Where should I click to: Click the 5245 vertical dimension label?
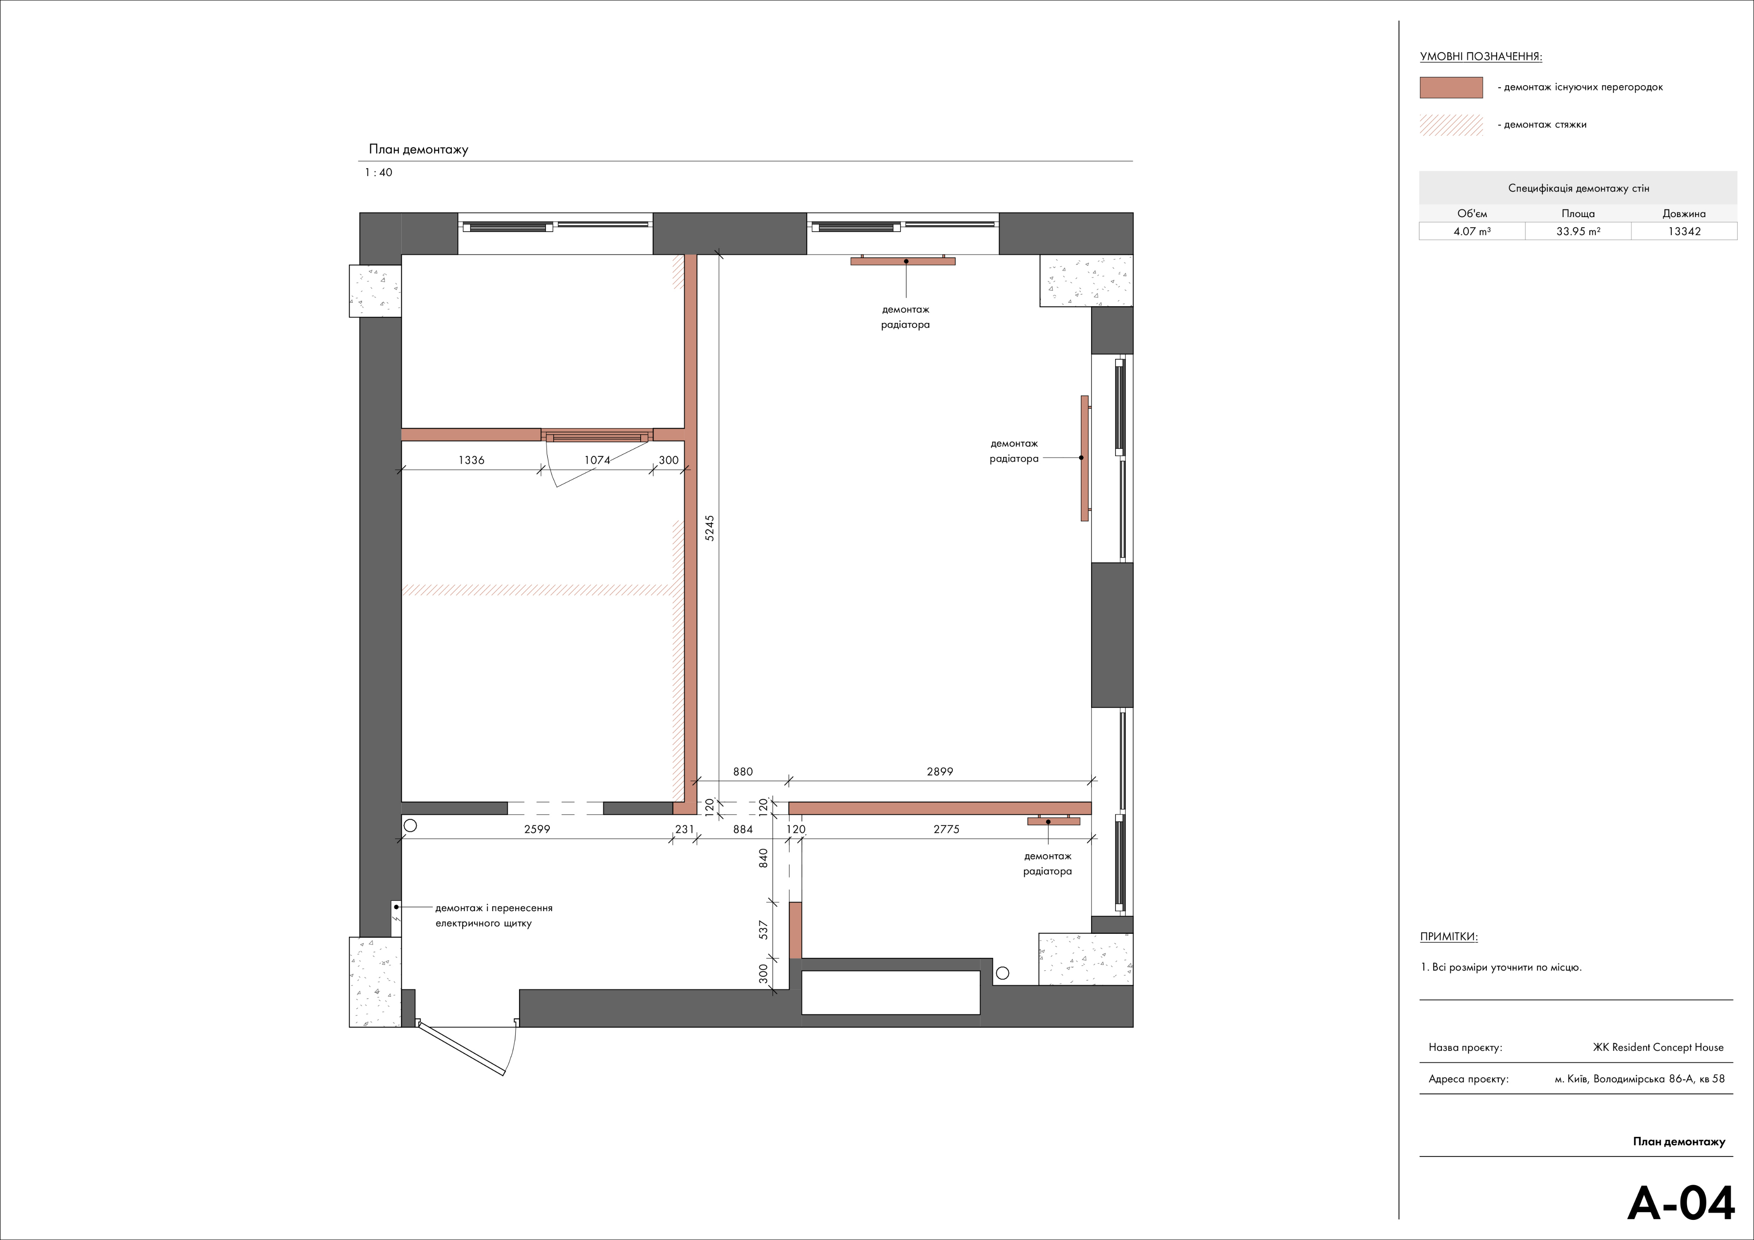(710, 528)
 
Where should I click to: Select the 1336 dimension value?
(471, 460)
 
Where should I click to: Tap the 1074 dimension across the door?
(597, 460)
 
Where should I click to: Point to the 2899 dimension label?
(940, 772)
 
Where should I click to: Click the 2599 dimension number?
(537, 829)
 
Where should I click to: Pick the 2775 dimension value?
(946, 829)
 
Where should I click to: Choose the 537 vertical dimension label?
(763, 930)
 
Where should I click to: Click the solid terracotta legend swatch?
(1451, 87)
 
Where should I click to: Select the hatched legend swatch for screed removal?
(1451, 125)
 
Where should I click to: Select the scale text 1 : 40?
(378, 173)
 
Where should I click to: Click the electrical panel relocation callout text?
(493, 915)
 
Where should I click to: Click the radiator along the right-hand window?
(1084, 458)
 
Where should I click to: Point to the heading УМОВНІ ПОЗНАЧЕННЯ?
(1480, 57)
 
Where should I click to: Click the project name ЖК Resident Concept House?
(1658, 1047)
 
